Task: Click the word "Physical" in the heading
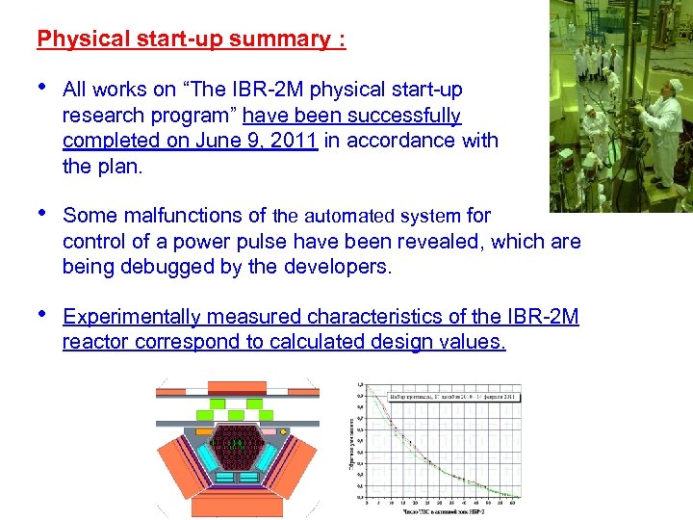pyautogui.click(x=79, y=39)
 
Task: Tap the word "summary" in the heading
pyautogui.click(x=280, y=39)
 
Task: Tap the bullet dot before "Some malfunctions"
pyautogui.click(x=43, y=214)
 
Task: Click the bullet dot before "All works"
pyautogui.click(x=43, y=88)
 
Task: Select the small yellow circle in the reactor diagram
pyautogui.click(x=284, y=430)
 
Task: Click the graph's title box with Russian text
pyautogui.click(x=452, y=396)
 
